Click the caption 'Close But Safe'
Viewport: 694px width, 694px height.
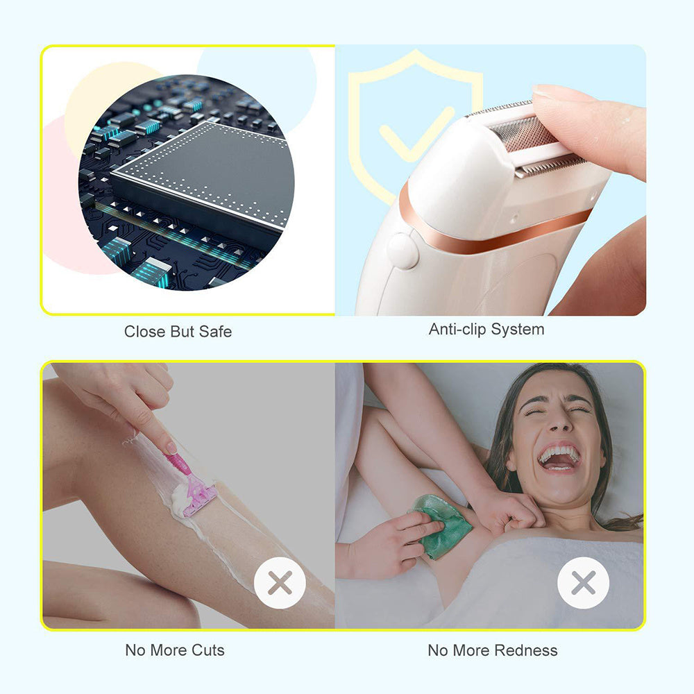click(x=178, y=332)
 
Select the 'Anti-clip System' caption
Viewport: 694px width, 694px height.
click(x=486, y=330)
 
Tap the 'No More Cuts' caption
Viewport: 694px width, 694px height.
click(x=175, y=650)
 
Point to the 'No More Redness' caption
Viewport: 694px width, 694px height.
click(x=492, y=650)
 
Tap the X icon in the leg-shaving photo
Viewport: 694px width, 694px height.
click(x=280, y=583)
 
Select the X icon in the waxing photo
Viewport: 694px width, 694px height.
click(x=583, y=583)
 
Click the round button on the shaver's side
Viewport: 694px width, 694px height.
click(x=403, y=251)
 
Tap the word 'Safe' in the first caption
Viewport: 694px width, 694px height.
click(x=214, y=332)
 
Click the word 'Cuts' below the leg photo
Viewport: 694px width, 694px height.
click(x=207, y=650)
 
